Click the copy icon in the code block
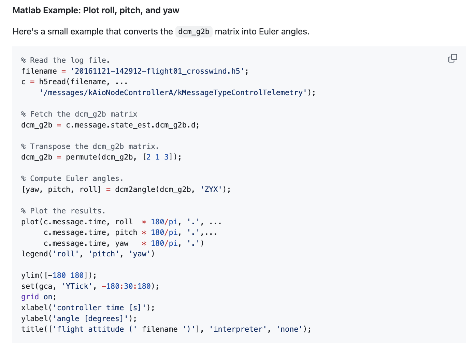click(x=452, y=58)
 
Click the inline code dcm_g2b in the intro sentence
click(x=193, y=32)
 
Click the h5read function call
click(x=53, y=82)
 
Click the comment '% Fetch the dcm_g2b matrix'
click(x=79, y=114)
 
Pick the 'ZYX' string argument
click(x=211, y=190)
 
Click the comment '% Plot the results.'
click(x=63, y=211)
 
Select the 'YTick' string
click(x=77, y=286)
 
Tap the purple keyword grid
click(x=30, y=297)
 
